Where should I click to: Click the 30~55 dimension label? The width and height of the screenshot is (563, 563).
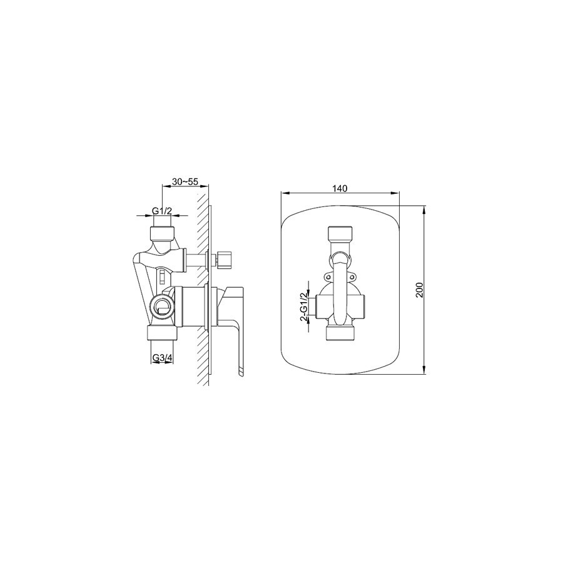pos(185,181)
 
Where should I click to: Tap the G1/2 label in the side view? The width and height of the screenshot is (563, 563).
pos(162,211)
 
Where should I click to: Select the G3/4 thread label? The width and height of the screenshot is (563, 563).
pos(163,358)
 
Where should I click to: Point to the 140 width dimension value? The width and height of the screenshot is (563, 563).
pos(340,188)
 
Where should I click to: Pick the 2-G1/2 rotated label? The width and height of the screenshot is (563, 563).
pos(304,303)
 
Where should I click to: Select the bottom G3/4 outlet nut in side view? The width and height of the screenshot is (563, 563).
pos(162,334)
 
